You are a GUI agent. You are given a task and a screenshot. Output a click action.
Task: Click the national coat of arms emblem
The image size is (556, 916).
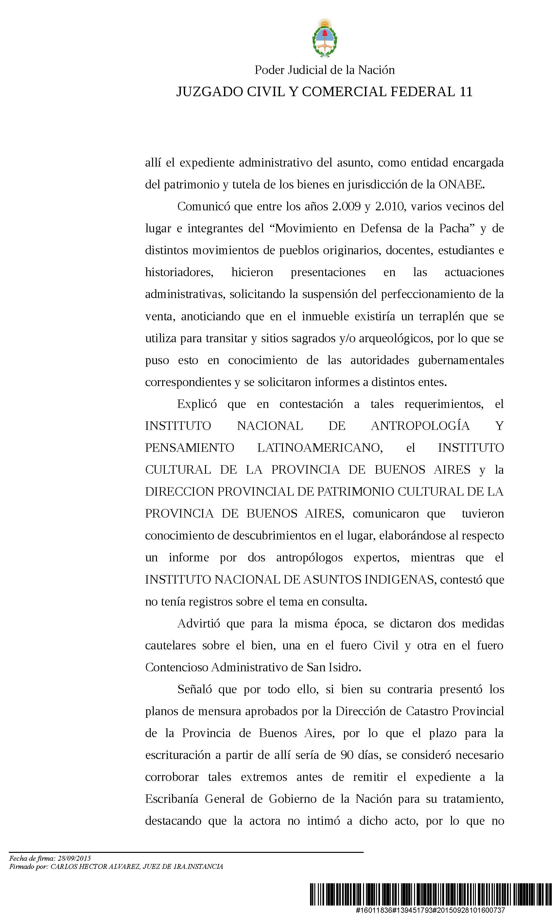[x=324, y=38]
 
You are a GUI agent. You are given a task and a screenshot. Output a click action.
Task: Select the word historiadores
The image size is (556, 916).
[x=179, y=272]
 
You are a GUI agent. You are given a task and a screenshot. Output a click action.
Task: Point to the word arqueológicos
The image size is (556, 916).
[x=391, y=338]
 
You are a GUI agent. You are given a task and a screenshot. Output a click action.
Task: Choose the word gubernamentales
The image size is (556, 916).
[x=461, y=360]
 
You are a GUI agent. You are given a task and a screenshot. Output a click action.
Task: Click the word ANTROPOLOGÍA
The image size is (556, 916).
[x=420, y=426]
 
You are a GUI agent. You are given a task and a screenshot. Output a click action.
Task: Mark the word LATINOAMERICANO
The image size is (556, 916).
[x=320, y=448]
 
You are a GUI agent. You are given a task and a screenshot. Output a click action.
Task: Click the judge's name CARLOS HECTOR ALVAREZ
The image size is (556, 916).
[x=95, y=867]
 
